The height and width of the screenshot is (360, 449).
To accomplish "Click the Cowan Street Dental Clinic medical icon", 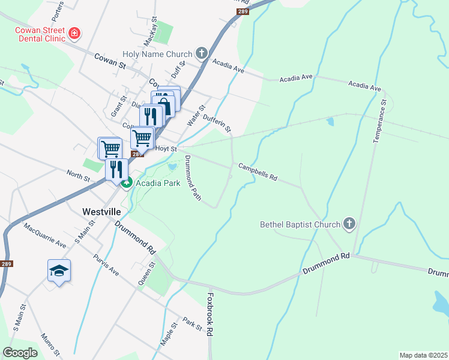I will [x=74, y=34].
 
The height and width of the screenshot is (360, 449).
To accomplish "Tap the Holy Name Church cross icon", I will [x=201, y=54].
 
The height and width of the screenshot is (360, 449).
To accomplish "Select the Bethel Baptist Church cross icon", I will [x=349, y=225].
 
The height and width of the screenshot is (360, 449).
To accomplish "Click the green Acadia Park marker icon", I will [x=127, y=182].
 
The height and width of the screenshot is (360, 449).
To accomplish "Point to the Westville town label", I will [x=102, y=212].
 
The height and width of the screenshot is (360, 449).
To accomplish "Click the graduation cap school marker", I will [x=59, y=271].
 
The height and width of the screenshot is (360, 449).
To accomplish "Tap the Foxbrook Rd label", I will [x=210, y=314].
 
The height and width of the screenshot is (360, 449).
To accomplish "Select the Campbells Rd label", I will [x=258, y=172].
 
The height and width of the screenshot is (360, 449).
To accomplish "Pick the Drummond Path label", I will [x=193, y=178].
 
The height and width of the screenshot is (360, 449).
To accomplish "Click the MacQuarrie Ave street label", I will [x=45, y=236].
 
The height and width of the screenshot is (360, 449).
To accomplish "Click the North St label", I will [x=78, y=176].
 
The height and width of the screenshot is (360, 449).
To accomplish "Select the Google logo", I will [x=20, y=353].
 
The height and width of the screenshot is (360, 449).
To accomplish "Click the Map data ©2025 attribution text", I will [x=423, y=355].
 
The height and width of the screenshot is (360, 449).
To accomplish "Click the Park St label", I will [x=193, y=323].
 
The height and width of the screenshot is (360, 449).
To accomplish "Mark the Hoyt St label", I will [x=166, y=149].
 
